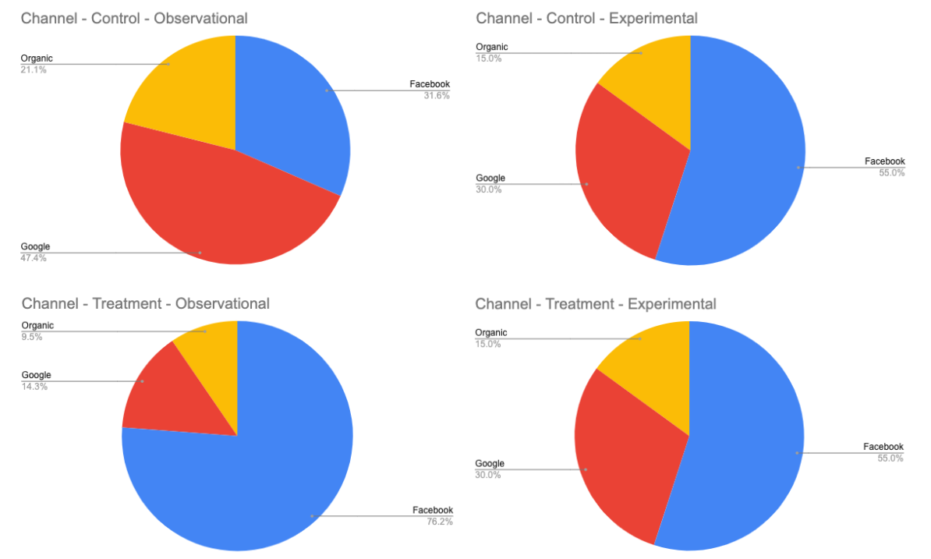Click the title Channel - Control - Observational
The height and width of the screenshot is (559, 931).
(x=134, y=18)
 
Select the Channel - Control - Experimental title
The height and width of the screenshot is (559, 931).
(x=586, y=18)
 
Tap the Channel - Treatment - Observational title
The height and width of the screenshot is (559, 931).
(x=145, y=303)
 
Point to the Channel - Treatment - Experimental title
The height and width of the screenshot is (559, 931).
(x=595, y=303)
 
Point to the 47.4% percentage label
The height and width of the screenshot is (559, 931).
(x=34, y=257)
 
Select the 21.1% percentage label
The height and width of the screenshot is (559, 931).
(x=34, y=69)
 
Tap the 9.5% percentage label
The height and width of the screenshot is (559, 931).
(x=32, y=337)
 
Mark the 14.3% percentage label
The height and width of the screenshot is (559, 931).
(x=34, y=386)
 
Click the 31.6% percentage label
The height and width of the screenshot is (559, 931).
(x=437, y=95)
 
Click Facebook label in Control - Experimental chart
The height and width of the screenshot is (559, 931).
(x=885, y=161)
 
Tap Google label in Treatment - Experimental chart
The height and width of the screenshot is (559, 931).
(x=490, y=463)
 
